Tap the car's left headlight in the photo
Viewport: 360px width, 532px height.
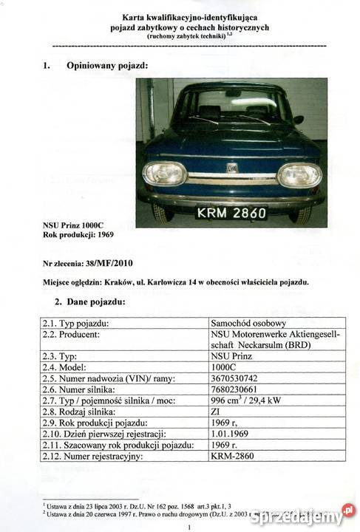[x=165, y=174]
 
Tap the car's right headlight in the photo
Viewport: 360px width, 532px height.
[x=299, y=175]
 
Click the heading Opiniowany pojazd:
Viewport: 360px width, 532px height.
[x=107, y=65]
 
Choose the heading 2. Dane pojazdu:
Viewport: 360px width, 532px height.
[x=90, y=301]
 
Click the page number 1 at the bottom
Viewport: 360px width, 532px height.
[x=190, y=528]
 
